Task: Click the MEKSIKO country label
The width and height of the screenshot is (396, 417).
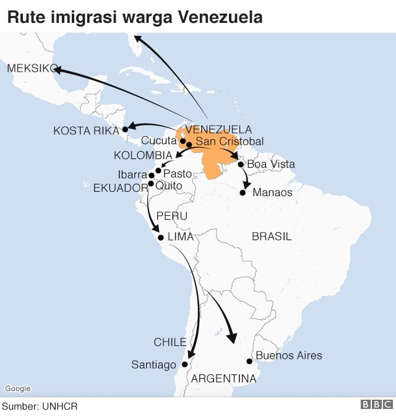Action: click(31, 69)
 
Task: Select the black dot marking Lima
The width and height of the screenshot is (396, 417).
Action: click(161, 238)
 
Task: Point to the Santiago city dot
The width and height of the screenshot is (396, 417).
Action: click(184, 365)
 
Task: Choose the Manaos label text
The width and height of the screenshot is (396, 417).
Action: click(272, 192)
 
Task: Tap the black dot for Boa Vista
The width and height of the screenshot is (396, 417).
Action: click(241, 165)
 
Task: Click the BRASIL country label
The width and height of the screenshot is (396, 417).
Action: click(272, 237)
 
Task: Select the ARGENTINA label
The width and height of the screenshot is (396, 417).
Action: click(224, 378)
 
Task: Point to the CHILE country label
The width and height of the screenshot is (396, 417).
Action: click(170, 342)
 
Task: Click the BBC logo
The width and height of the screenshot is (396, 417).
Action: click(377, 405)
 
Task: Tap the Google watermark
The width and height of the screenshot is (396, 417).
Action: click(17, 389)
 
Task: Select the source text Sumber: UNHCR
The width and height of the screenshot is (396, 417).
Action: click(40, 406)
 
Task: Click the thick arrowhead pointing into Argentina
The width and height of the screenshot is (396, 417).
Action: click(233, 337)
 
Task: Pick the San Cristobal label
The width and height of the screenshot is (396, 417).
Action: click(229, 142)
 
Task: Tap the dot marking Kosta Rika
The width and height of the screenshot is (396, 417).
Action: click(124, 129)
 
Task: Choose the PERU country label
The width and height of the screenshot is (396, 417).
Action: click(171, 216)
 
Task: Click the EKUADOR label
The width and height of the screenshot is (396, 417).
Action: click(121, 188)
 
